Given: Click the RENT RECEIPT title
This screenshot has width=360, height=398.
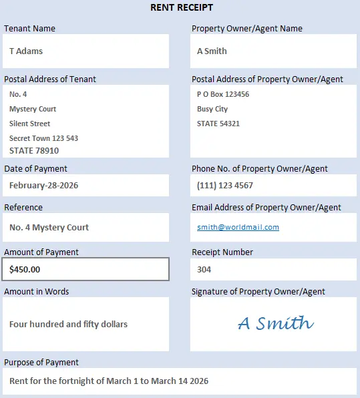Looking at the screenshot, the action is [x=182, y=7].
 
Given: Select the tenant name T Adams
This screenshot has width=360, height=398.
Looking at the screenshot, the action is [x=26, y=51].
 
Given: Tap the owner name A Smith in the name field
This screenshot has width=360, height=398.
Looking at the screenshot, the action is [x=212, y=51].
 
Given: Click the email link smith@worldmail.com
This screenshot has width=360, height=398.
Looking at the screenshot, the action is [x=238, y=227].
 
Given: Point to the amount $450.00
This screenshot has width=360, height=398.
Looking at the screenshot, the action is [x=25, y=269].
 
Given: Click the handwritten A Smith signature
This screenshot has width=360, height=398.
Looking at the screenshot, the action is [x=275, y=324].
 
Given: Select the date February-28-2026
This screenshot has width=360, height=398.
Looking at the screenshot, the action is [x=43, y=185].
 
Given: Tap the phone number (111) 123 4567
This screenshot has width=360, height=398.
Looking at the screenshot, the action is [x=225, y=185].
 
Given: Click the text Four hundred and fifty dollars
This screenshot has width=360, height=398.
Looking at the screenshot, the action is [x=68, y=324].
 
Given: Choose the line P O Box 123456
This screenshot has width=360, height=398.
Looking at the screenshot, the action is [x=223, y=94].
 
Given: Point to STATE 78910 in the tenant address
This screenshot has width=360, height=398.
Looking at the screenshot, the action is [x=34, y=150].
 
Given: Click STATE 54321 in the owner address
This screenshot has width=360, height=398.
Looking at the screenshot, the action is [x=218, y=124].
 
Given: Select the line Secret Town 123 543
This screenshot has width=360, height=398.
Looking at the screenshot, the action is [x=43, y=138].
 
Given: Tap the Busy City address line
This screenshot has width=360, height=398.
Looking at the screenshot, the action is [x=212, y=109].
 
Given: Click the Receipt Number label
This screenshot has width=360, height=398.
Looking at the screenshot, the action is [x=222, y=252].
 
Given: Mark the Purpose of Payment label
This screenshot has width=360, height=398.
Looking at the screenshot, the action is [x=41, y=362].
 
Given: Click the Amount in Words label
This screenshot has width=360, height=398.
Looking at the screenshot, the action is [x=37, y=291].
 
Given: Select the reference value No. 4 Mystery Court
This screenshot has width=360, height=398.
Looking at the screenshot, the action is [x=49, y=227].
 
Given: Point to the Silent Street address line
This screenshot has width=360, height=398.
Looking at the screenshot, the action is [x=30, y=124].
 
